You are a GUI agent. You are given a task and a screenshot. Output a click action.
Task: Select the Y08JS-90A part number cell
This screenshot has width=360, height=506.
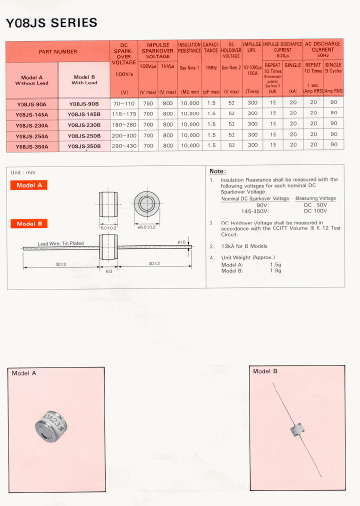point(31,103)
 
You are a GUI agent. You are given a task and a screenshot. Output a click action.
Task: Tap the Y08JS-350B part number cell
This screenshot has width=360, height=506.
point(84,146)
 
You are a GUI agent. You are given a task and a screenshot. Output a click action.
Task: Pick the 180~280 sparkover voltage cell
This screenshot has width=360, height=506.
point(124,124)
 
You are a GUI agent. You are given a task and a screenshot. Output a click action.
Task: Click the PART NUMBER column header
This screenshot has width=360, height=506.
point(58,51)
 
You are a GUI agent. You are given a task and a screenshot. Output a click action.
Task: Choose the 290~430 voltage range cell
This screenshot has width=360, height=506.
point(124,145)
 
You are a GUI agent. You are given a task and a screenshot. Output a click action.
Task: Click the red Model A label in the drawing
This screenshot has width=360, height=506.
point(29,185)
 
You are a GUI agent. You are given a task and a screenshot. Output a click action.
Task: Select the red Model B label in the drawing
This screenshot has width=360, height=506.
point(29,223)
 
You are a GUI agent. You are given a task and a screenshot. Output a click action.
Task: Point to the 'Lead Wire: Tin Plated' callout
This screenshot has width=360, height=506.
point(61,243)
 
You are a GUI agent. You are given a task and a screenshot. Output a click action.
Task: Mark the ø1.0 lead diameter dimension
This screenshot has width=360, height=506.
point(181,242)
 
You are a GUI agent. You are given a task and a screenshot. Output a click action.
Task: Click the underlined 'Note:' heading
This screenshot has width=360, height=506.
point(217,171)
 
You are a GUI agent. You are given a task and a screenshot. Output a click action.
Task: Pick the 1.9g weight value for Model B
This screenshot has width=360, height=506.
point(275,270)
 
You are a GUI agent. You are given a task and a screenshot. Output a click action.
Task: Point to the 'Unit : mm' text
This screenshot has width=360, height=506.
point(23,172)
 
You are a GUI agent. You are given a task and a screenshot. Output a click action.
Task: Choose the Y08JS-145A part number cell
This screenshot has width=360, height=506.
point(31,114)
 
